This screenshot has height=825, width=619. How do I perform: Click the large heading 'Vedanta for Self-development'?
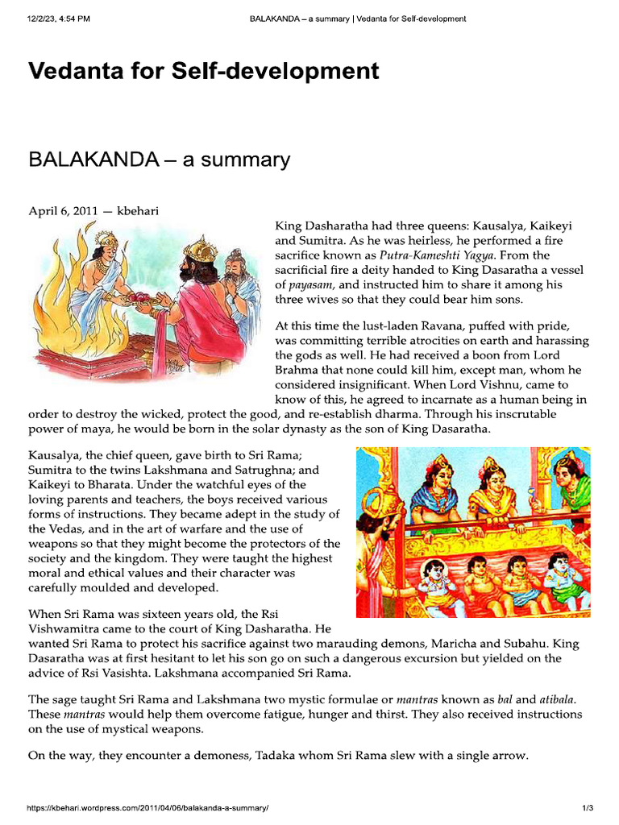coord(203,71)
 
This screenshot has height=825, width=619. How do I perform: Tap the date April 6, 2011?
coord(63,211)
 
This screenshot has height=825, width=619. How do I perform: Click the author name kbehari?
coord(138,211)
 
